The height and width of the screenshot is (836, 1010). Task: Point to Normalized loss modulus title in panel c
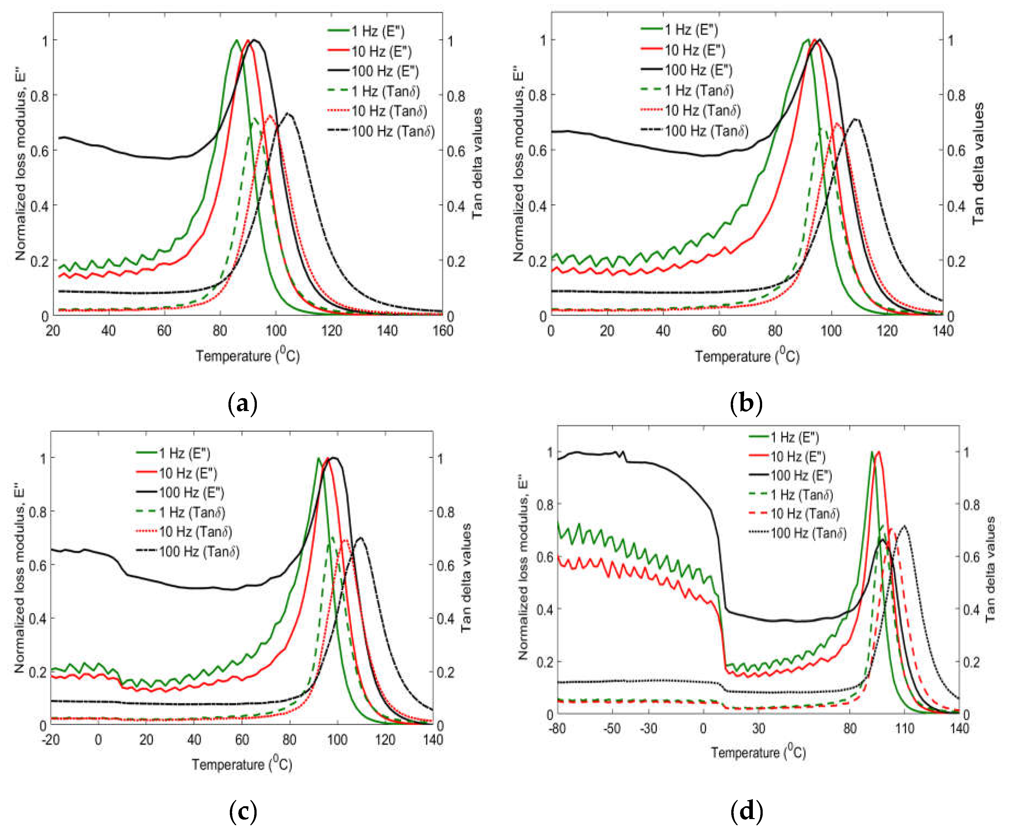click(19, 577)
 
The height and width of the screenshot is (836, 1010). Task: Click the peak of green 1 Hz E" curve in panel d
click(871, 452)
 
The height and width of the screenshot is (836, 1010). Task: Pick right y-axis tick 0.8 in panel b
click(956, 95)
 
